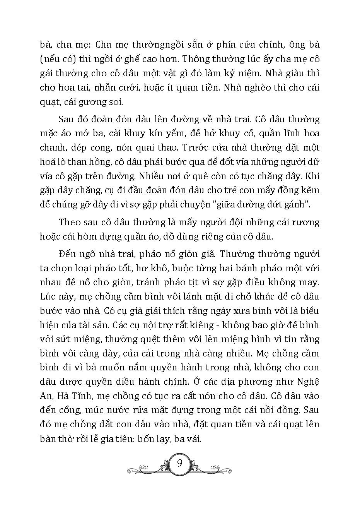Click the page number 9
pyautogui.click(x=179, y=463)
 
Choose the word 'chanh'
pyautogui.click(x=51, y=148)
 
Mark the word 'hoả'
pyautogui.click(x=49, y=162)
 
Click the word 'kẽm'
pyautogui.click(x=310, y=190)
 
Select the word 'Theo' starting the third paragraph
pyautogui.click(x=70, y=223)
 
